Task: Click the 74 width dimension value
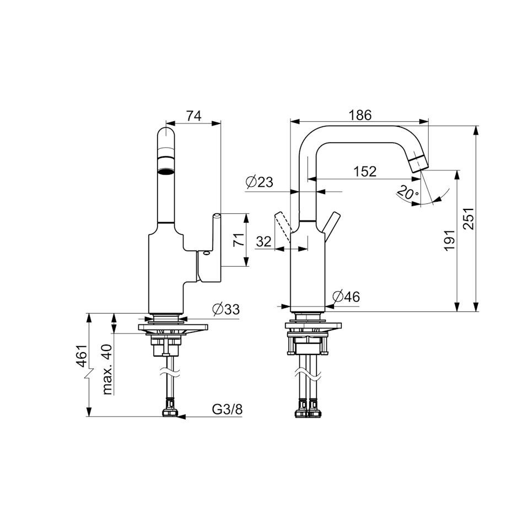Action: click(193, 116)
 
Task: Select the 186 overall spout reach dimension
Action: click(360, 115)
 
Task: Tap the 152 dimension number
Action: click(365, 171)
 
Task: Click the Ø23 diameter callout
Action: click(260, 182)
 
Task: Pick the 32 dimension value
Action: click(264, 241)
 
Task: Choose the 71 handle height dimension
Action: click(238, 240)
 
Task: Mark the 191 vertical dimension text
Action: click(450, 241)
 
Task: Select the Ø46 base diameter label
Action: click(346, 297)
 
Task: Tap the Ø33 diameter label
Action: click(226, 309)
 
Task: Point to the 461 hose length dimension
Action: click(81, 355)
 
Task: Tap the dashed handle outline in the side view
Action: click(282, 227)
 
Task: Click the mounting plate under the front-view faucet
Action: click(173, 328)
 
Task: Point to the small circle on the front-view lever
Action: click(206, 254)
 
